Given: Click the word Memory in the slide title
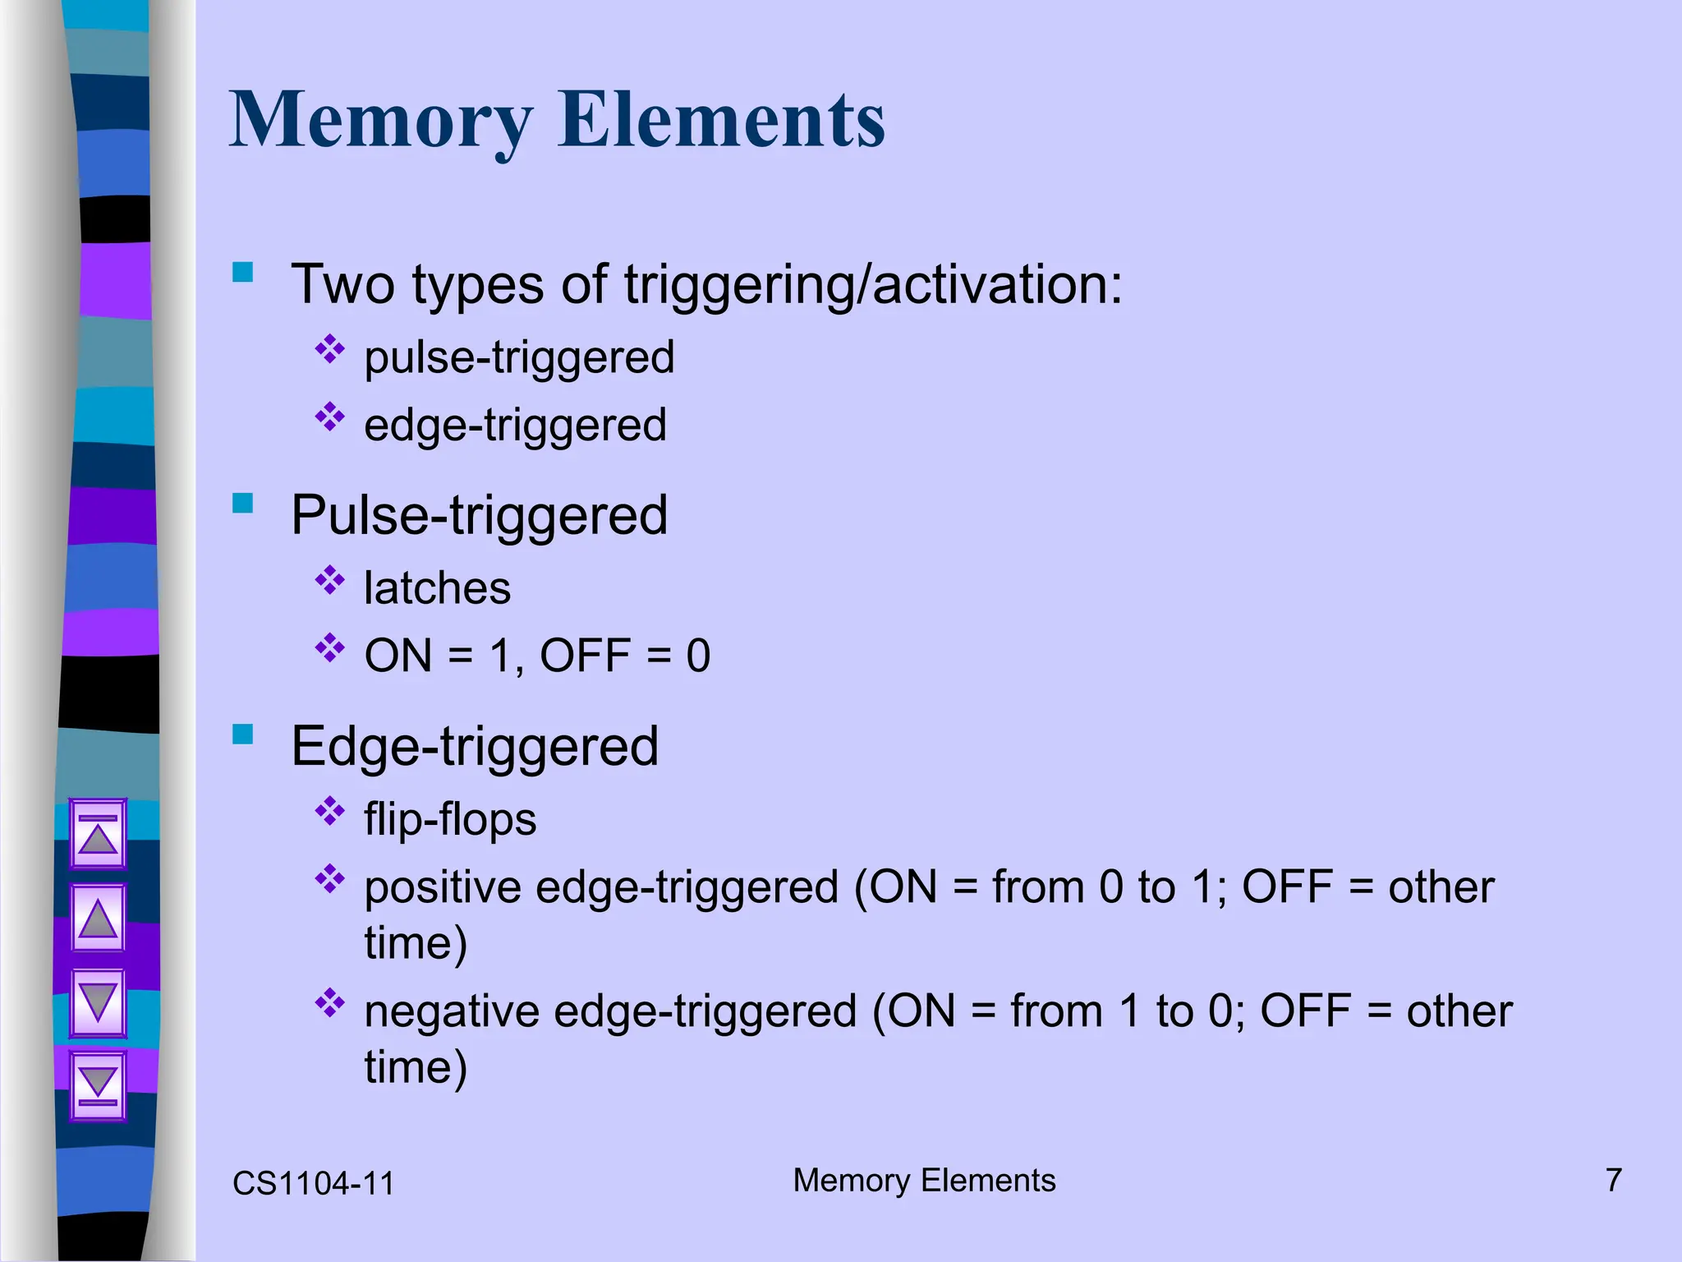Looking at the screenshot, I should [381, 122].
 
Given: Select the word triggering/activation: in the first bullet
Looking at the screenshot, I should [873, 285].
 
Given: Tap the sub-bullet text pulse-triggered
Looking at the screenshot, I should [519, 357].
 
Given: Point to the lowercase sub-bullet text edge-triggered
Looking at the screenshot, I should [515, 426].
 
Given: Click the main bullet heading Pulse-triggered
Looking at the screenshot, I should [479, 516].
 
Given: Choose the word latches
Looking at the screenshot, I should [437, 588].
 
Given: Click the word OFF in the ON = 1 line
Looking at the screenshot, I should [585, 656].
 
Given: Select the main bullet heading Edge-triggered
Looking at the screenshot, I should [475, 747].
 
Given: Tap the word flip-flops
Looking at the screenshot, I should [450, 820].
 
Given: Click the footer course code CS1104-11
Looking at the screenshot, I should [313, 1184].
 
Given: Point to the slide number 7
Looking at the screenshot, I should [1613, 1181].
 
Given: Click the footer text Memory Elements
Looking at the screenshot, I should [924, 1181].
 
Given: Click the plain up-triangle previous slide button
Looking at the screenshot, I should [99, 918].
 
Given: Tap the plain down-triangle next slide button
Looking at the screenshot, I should [99, 1002].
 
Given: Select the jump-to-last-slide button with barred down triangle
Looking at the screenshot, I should [99, 1085].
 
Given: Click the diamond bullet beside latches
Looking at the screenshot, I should [330, 581].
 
